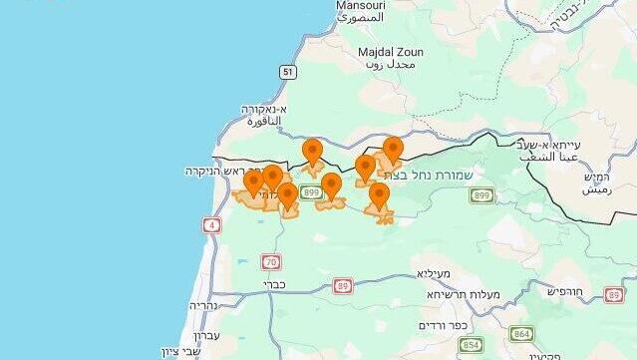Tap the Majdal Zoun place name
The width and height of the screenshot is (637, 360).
(390, 52)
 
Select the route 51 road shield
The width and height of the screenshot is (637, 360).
(288, 72)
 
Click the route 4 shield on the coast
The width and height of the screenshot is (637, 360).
(211, 225)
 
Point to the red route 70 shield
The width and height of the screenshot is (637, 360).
(271, 261)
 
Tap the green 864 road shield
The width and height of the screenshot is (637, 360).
(521, 334)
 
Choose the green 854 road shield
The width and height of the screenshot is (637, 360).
(471, 345)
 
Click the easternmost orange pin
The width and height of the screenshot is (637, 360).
(393, 151)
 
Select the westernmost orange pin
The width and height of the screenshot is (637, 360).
(254, 182)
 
